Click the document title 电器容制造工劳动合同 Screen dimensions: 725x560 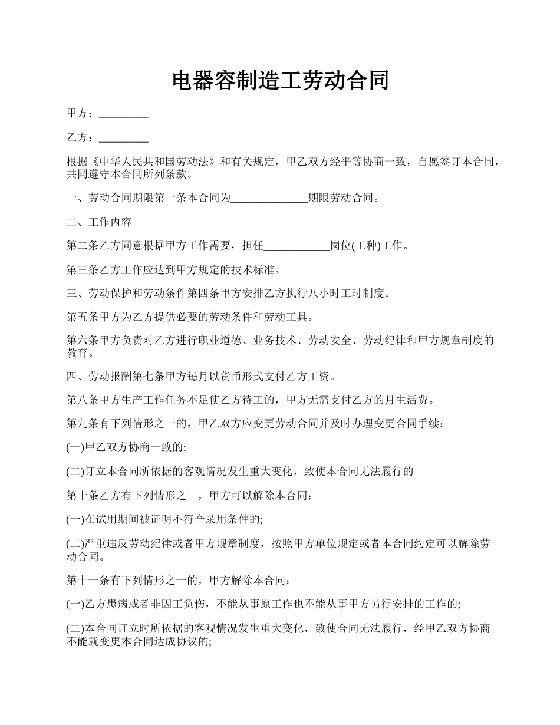tap(280, 81)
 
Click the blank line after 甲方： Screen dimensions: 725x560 tap(123, 114)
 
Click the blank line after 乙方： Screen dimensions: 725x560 tap(123, 138)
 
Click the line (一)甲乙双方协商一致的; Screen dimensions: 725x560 tap(126, 447)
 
